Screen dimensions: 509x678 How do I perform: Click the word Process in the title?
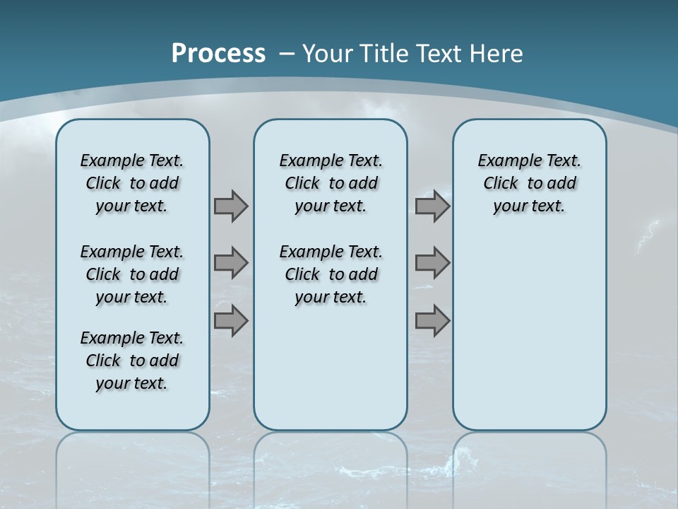tap(218, 53)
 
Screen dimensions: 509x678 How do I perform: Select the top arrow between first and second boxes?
tap(230, 206)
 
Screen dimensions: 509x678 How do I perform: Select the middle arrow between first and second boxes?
tap(230, 263)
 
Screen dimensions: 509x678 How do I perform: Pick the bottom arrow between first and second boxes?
tap(230, 320)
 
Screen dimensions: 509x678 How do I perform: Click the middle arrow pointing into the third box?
tap(432, 263)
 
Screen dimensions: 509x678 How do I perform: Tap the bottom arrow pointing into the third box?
tap(432, 320)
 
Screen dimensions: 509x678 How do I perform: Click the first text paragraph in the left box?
tap(132, 183)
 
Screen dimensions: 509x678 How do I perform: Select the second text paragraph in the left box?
tap(132, 274)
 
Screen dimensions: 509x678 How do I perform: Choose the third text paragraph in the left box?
tap(132, 361)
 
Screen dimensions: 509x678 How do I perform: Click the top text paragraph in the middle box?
tap(331, 183)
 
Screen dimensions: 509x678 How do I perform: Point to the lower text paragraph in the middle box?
tap(331, 274)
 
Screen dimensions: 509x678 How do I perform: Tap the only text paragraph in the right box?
tap(529, 183)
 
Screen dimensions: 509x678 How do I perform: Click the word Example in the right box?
tap(503, 161)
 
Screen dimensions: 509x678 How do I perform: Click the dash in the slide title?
tap(287, 54)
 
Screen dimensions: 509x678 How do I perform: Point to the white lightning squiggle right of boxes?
tap(647, 236)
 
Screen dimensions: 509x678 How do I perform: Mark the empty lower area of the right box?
tap(529, 332)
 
